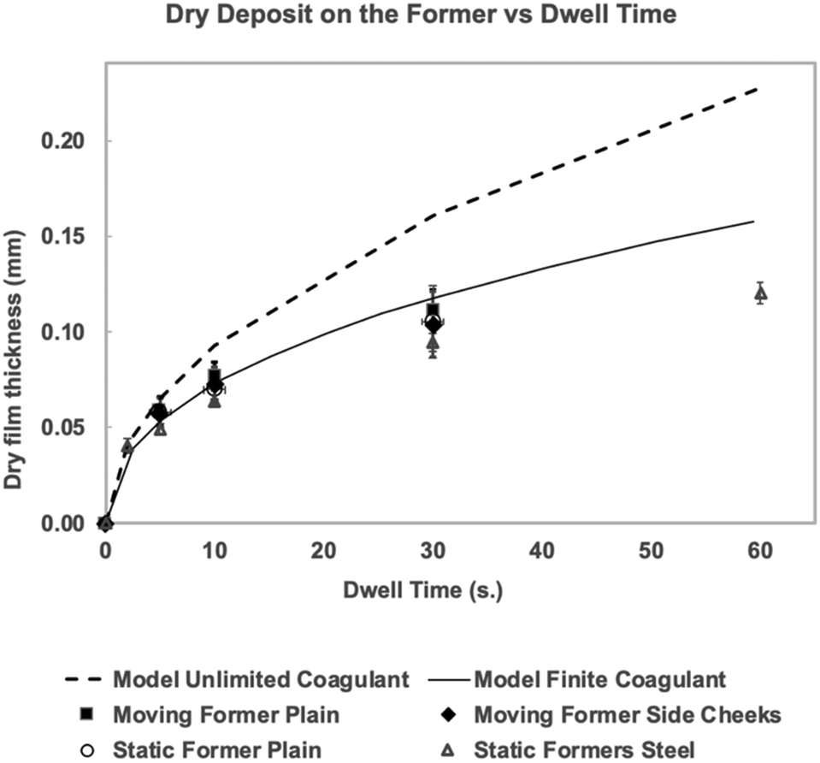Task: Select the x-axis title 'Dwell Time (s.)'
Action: coord(432,589)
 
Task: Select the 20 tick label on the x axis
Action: coord(323,552)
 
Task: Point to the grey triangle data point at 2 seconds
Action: coord(127,446)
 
